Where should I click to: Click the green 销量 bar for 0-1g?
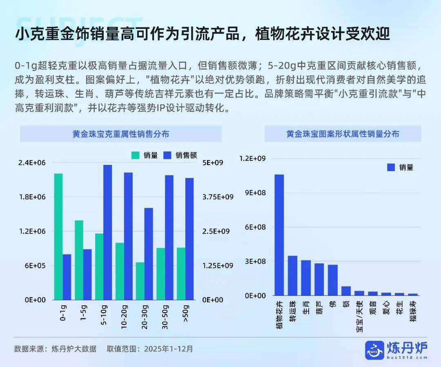tap(58, 236)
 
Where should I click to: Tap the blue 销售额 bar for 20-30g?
tap(148, 254)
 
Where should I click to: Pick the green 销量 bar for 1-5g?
tap(79, 260)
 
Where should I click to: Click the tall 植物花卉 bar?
tap(279, 235)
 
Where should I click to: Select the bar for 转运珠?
tap(292, 275)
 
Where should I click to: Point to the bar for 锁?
tap(346, 290)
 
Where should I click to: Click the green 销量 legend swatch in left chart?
tap(135, 155)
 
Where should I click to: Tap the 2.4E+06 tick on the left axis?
tap(32, 163)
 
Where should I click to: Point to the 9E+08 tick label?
tap(255, 193)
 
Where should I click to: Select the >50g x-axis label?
tap(186, 314)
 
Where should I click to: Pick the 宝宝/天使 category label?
tap(359, 316)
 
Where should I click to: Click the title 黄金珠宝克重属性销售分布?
tap(120, 134)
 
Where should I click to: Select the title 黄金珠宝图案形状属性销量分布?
tap(343, 134)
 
